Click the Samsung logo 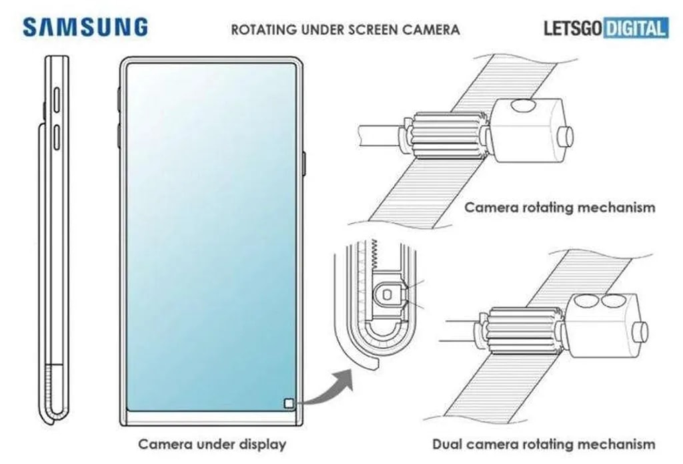click(85, 27)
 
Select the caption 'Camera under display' click(212, 443)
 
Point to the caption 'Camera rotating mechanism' click(560, 207)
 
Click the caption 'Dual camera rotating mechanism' click(544, 443)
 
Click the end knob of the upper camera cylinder click(568, 136)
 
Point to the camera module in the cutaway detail click(388, 294)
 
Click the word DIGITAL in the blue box click(634, 29)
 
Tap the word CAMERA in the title click(434, 29)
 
